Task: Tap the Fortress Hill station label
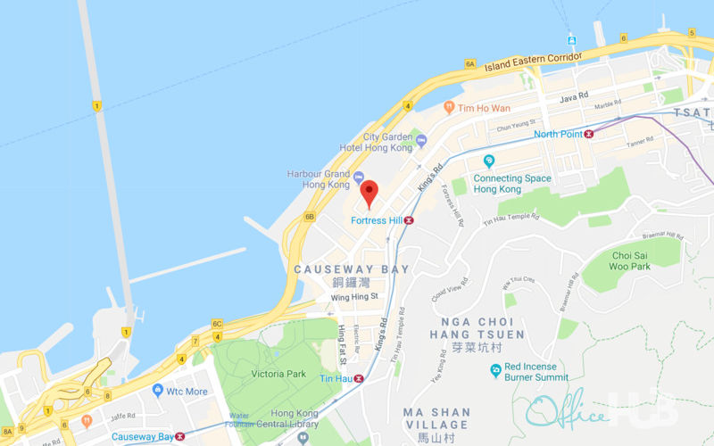pyautogui.click(x=376, y=220)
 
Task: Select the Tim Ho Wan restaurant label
pyautogui.click(x=484, y=108)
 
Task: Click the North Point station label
pyautogui.click(x=558, y=135)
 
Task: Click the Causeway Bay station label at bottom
pyautogui.click(x=142, y=437)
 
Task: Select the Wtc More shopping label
pyautogui.click(x=186, y=392)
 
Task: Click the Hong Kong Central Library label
pyautogui.click(x=294, y=419)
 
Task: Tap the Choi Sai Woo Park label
pyautogui.click(x=630, y=260)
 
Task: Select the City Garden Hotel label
pyautogui.click(x=386, y=143)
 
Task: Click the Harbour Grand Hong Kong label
pyautogui.click(x=319, y=179)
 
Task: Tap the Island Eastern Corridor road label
pyautogui.click(x=533, y=60)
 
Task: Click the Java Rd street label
pyautogui.click(x=574, y=96)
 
